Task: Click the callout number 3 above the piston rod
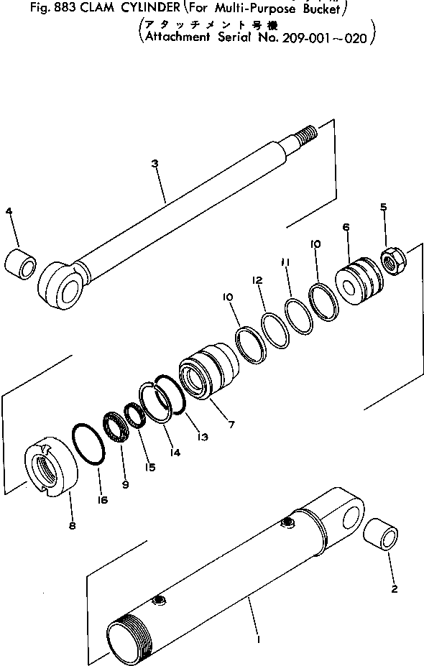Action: pyautogui.click(x=155, y=165)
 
